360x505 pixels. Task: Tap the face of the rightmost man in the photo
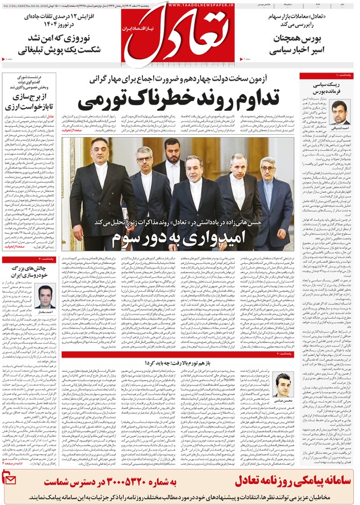pyautogui.click(x=268, y=168)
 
